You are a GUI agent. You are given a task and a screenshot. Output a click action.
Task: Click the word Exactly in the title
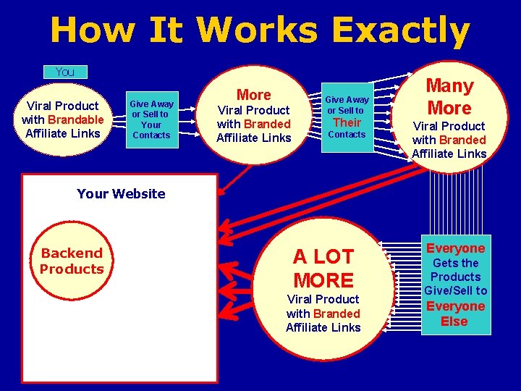tap(401, 31)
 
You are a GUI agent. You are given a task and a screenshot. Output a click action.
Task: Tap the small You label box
tap(65, 72)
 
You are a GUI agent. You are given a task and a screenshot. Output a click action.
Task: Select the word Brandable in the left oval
tap(76, 119)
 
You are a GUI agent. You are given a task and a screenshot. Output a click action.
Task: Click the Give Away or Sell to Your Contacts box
tap(151, 119)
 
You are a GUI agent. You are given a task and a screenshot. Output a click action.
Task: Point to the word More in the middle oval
tap(254, 95)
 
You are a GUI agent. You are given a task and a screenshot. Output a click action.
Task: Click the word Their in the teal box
tap(347, 122)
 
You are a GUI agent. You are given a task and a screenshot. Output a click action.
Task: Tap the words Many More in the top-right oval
tap(449, 97)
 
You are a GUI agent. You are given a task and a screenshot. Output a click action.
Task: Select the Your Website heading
tap(121, 193)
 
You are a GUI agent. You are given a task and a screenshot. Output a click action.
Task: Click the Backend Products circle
tap(72, 261)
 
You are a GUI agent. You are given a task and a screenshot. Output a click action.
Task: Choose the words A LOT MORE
tap(323, 268)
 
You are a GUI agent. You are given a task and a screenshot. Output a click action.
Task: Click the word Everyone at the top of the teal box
tap(455, 248)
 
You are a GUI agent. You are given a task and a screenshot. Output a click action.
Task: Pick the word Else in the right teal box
tap(454, 321)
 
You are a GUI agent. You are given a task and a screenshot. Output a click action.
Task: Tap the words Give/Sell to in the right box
tap(455, 290)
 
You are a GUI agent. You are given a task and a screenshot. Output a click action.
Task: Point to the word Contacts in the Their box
tap(347, 135)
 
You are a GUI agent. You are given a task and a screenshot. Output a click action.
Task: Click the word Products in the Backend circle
tap(72, 269)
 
